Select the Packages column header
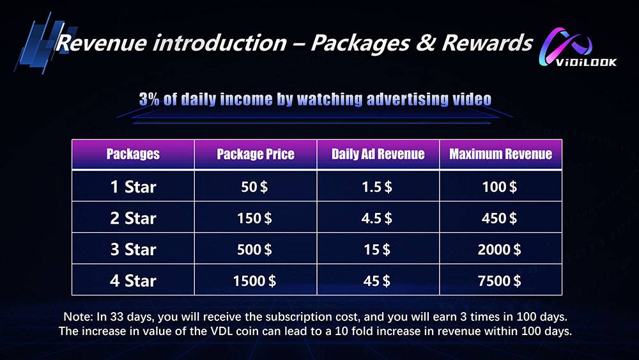click(133, 154)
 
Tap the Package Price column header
click(256, 154)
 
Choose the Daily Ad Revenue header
click(378, 154)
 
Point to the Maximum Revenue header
click(500, 154)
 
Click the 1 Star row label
click(134, 187)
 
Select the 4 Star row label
click(134, 281)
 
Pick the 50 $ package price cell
click(254, 187)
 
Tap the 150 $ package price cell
click(254, 218)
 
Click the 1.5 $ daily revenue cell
click(377, 187)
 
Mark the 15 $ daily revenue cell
click(377, 249)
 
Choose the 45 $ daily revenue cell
click(377, 281)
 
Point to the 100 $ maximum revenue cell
click(500, 187)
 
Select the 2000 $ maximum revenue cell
click(500, 249)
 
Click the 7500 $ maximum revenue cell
click(500, 281)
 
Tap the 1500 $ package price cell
click(254, 281)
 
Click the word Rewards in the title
click(488, 43)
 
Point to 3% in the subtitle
click(149, 99)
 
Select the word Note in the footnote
click(77, 317)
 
